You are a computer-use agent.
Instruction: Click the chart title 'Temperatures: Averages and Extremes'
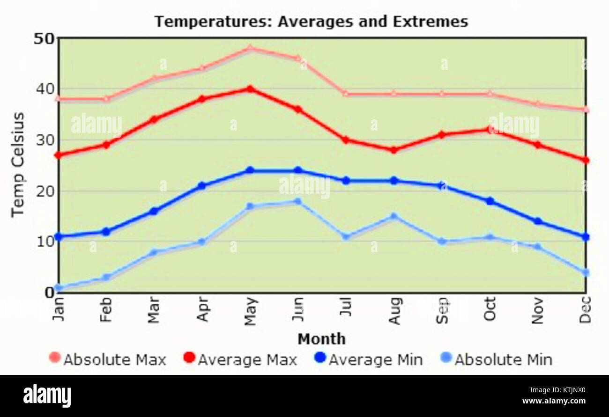(311, 22)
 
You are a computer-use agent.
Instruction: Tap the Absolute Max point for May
(250, 48)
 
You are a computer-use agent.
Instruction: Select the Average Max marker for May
(250, 89)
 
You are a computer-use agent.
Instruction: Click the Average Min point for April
(202, 186)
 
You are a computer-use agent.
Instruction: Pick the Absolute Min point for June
(297, 201)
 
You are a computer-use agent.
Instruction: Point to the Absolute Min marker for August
(394, 216)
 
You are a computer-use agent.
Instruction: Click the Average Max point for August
(394, 150)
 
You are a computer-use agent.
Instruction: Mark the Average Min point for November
(538, 221)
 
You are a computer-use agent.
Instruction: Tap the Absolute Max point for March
(154, 79)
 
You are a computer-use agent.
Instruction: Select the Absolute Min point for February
(106, 278)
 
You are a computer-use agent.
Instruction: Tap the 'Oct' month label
(490, 308)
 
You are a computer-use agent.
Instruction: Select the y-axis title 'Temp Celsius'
(18, 165)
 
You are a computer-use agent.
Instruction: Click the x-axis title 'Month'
(321, 339)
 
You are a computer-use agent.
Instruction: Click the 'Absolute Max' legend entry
(108, 359)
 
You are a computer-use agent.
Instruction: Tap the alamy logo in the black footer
(47, 396)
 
